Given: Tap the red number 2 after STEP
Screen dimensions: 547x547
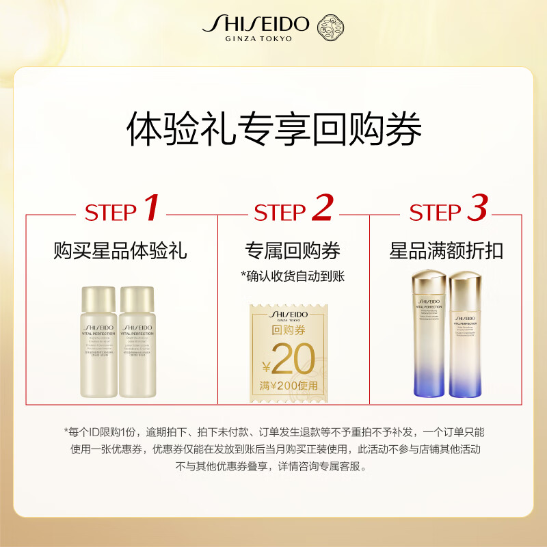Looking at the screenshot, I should click(x=321, y=209).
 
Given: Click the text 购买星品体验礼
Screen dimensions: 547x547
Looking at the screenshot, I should click(x=120, y=251).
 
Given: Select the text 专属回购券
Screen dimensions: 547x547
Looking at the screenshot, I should click(x=293, y=251).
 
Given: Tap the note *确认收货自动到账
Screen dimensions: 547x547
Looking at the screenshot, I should click(x=293, y=276).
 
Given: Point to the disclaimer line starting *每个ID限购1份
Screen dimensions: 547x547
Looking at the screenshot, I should click(x=273, y=432).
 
